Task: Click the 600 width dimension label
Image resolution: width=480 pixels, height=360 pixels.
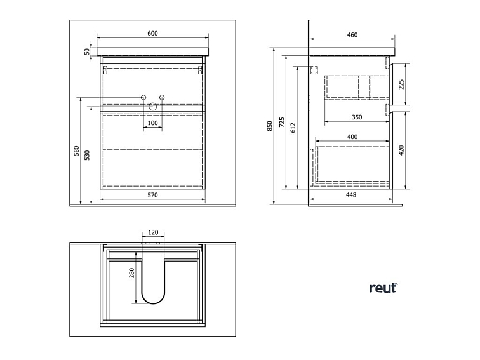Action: (152, 34)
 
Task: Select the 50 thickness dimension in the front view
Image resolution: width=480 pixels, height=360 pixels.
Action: (88, 51)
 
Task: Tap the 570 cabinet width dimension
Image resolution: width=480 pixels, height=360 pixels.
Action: (152, 195)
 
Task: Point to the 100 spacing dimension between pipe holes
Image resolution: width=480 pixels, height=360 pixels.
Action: (152, 123)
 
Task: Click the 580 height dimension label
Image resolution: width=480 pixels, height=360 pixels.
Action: (77, 150)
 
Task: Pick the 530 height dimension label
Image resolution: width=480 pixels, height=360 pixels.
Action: (88, 155)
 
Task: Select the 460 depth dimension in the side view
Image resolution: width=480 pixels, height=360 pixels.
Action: (352, 35)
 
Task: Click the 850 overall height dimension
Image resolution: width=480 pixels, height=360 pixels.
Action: (270, 126)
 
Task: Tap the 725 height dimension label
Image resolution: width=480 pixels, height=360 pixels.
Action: (283, 122)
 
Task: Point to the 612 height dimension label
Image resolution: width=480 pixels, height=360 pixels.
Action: (293, 128)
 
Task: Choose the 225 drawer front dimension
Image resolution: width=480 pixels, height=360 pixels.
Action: (401, 84)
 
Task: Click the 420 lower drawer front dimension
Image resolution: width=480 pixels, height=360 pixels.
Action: (401, 150)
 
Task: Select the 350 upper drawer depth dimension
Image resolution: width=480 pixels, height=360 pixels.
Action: (357, 117)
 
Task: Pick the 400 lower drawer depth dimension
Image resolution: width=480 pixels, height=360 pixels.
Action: (352, 137)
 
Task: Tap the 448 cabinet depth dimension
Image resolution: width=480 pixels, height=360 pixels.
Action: (351, 195)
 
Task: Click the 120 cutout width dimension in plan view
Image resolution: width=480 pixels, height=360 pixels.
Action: (153, 232)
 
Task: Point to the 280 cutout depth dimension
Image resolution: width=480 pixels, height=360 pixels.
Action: (132, 273)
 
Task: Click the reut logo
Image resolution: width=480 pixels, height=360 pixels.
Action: (383, 288)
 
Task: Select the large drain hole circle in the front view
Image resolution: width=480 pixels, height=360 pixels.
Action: (153, 107)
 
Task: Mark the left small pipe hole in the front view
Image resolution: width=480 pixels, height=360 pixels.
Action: (143, 98)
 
